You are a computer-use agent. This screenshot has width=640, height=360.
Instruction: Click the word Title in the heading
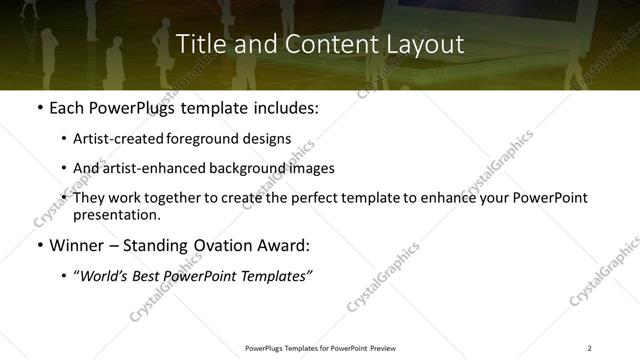point(198,45)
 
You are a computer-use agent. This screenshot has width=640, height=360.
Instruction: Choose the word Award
point(285,245)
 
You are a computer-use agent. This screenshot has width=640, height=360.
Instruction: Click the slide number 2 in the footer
point(589,348)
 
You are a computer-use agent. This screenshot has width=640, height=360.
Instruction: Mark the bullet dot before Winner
point(39,245)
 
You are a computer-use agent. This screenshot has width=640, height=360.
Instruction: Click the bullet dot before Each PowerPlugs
point(39,106)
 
